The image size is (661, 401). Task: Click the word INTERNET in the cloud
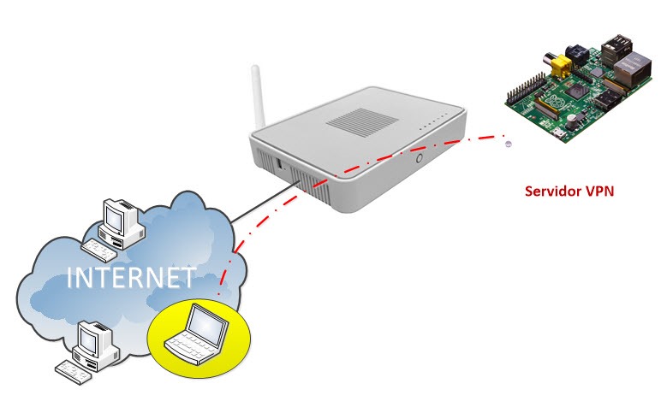click(131, 278)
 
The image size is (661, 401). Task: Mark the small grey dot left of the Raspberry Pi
click(509, 144)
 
